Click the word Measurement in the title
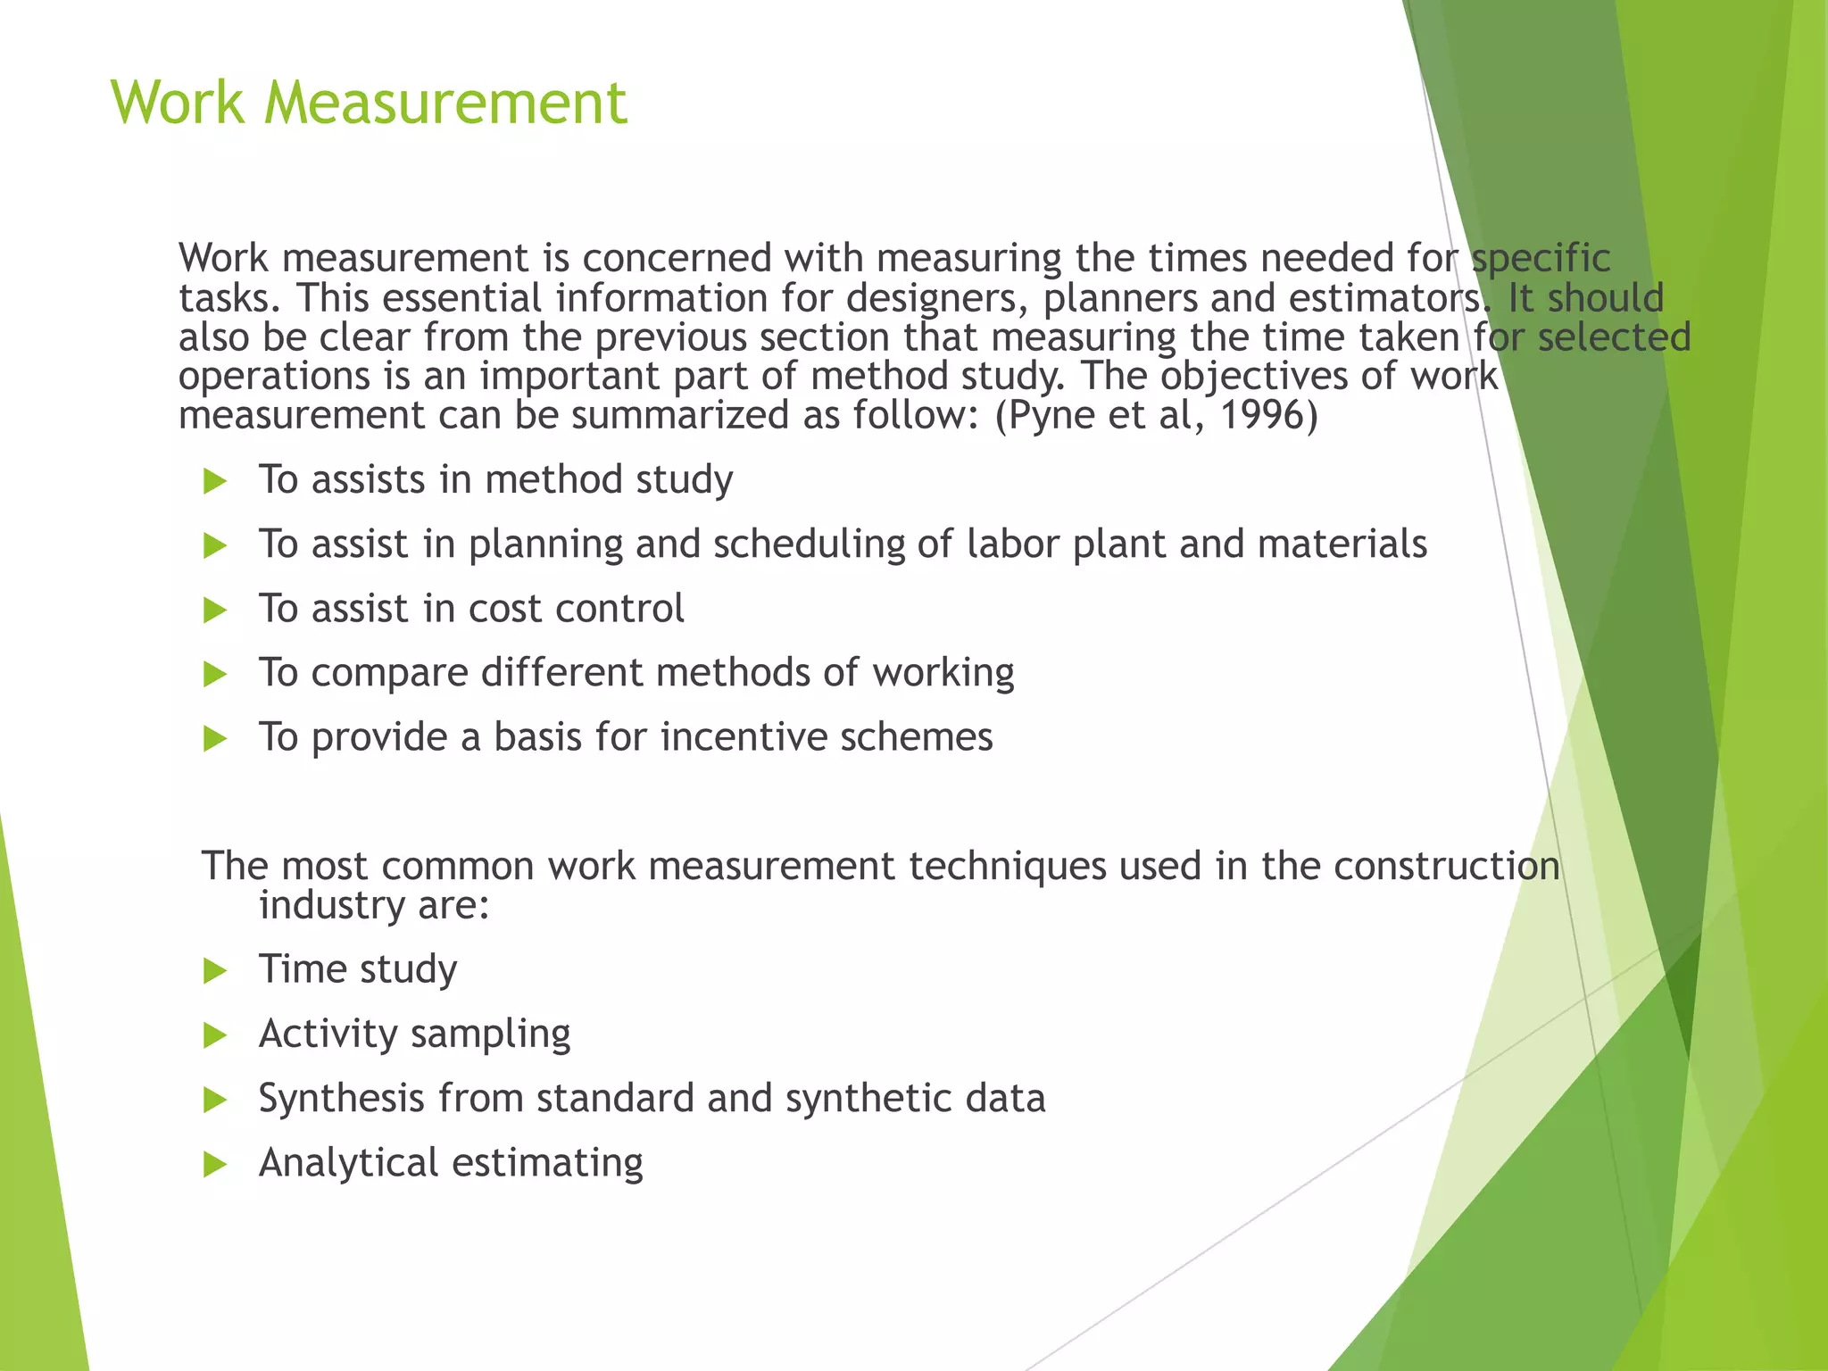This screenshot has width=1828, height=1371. (x=445, y=102)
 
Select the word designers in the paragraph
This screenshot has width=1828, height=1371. (x=932, y=298)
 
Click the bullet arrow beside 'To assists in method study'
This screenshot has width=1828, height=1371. (x=215, y=482)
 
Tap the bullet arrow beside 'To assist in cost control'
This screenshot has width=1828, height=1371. (x=215, y=611)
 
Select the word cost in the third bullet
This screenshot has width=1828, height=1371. (x=505, y=609)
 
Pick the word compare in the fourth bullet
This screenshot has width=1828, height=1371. (x=389, y=674)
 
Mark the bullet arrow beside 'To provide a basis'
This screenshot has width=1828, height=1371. (x=215, y=739)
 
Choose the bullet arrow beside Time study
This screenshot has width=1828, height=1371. (x=215, y=971)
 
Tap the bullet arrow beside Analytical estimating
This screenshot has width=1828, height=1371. (x=215, y=1165)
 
